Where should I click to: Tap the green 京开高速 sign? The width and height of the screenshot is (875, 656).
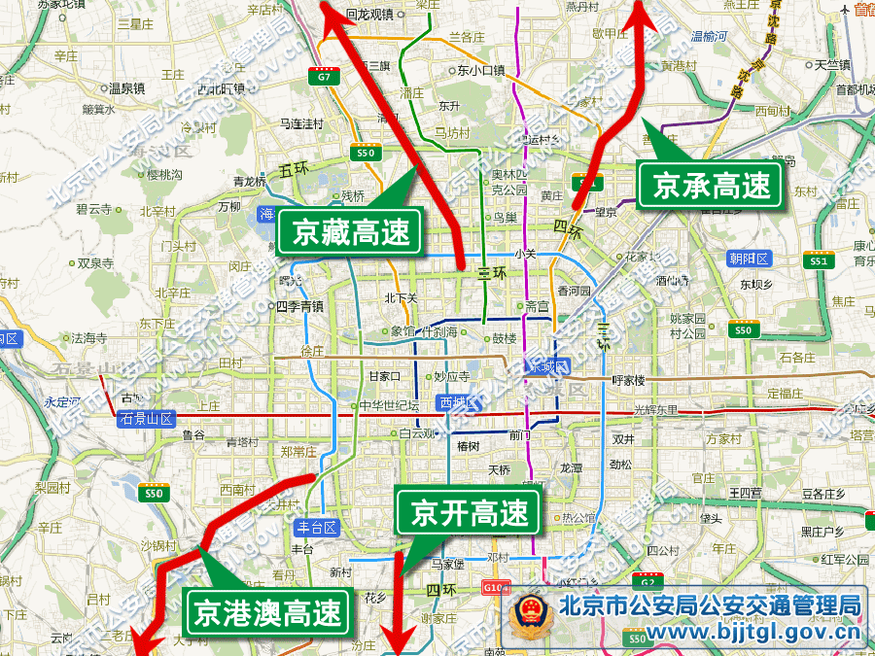click(x=469, y=512)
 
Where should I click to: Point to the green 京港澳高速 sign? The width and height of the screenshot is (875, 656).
click(x=266, y=612)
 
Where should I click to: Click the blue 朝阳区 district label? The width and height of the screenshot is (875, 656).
click(x=749, y=259)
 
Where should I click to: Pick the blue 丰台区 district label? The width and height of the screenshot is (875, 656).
click(x=316, y=528)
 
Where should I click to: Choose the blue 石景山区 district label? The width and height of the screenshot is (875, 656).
click(x=146, y=419)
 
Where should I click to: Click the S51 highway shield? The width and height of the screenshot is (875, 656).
click(x=819, y=260)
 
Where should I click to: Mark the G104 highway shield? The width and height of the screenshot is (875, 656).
click(x=495, y=588)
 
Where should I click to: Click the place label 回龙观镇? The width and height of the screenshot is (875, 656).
click(x=369, y=15)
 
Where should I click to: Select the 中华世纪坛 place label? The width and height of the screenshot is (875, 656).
click(x=389, y=405)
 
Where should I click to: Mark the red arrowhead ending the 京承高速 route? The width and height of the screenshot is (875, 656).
click(x=643, y=12)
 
